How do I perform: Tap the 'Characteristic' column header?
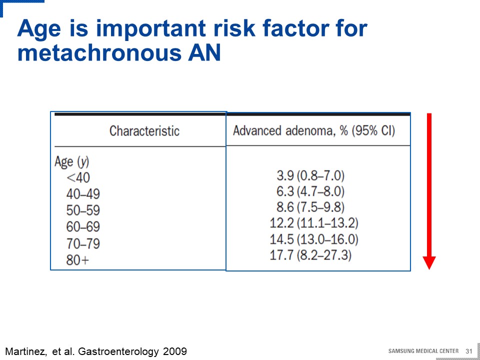pos(144,131)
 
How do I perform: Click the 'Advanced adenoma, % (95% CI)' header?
pos(314,131)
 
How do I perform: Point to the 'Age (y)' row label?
pos(71,162)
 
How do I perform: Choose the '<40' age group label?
pos(78,178)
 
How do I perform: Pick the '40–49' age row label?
pos(83,194)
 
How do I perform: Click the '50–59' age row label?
pos(83,210)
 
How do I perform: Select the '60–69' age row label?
pos(83,227)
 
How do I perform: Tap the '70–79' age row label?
pos(83,243)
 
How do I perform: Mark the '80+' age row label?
pos(78,260)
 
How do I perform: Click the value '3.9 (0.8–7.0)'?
pos(310,176)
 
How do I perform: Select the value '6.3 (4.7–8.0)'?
pos(310,191)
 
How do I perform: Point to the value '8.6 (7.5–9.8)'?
pos(310,207)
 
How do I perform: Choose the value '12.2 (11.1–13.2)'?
pos(314,223)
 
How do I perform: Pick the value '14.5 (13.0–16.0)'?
pos(314,239)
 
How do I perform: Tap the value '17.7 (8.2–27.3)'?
pos(310,255)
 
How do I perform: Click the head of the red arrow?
pos(429,262)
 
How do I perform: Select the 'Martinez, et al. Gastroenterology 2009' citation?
pos(96,351)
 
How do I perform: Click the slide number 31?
pos(469,351)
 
